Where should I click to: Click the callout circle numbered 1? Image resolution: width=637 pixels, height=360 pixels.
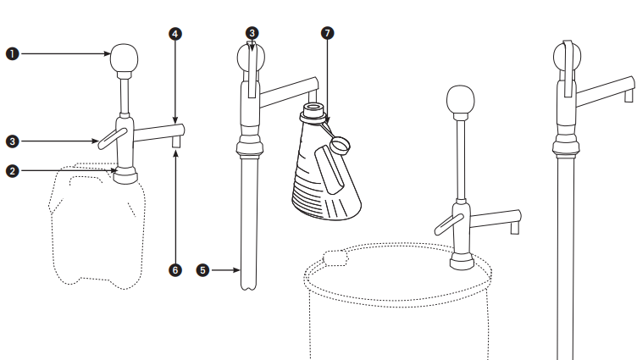[13, 53]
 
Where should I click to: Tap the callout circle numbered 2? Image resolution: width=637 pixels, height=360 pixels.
[13, 171]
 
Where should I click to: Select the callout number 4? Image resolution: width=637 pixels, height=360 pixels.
[175, 34]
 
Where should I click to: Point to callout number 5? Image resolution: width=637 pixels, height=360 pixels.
[202, 270]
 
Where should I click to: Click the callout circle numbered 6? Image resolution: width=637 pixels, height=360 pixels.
[175, 270]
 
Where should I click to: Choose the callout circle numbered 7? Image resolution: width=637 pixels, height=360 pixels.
[328, 33]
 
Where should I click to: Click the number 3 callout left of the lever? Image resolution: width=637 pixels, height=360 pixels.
[13, 141]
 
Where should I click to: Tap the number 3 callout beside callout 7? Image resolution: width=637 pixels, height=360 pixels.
[252, 33]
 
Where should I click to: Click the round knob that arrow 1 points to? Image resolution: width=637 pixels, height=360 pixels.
[124, 58]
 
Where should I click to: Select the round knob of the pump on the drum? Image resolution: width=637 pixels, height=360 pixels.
[460, 99]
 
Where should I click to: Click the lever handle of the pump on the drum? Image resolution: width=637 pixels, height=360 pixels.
[448, 224]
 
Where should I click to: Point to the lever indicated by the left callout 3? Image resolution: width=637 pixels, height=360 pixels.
[113, 139]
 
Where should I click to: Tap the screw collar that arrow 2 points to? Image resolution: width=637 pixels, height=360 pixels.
[125, 175]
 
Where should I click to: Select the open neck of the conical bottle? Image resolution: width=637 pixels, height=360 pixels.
[312, 108]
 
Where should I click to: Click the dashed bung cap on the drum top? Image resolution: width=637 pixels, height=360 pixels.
[335, 258]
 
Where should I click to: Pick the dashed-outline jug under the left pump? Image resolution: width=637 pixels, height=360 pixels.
[97, 226]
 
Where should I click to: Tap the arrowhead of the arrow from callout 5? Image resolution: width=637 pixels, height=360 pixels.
[236, 270]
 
